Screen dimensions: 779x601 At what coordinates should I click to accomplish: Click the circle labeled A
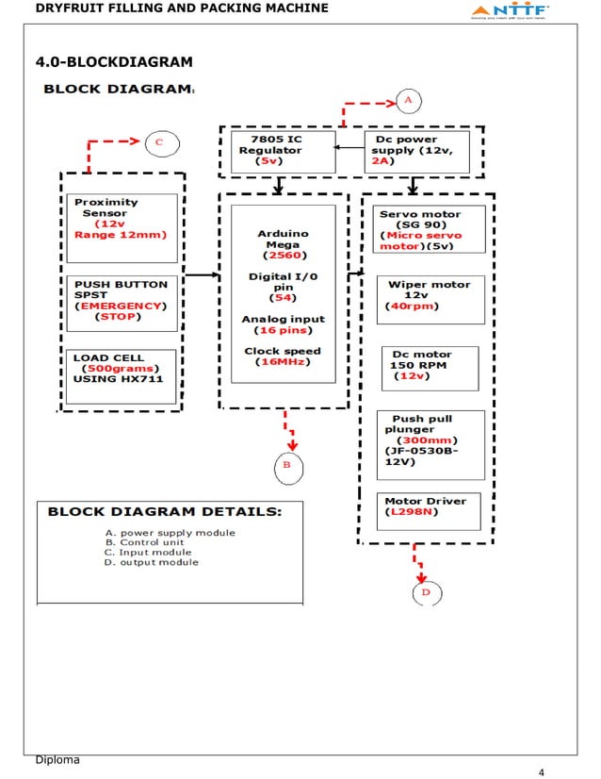[x=408, y=99]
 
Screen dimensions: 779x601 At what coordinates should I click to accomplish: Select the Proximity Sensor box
[x=122, y=227]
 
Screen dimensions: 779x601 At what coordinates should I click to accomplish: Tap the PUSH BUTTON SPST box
[x=122, y=303]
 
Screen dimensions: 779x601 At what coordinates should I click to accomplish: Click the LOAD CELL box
[x=122, y=376]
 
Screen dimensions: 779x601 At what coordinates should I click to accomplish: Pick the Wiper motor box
[x=430, y=299]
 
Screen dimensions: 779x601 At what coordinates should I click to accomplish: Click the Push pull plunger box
[x=430, y=443]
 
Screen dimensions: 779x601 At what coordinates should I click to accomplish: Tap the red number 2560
[x=283, y=256]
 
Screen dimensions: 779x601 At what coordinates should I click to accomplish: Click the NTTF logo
[x=509, y=11]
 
